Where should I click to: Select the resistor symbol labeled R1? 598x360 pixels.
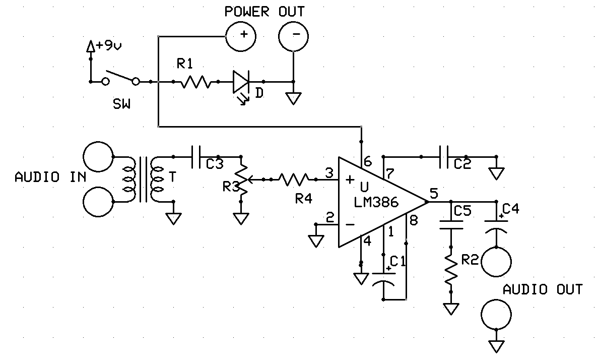195,82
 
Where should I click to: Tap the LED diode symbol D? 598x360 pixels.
241,82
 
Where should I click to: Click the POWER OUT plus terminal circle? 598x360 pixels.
240,35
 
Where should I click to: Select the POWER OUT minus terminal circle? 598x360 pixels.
294,35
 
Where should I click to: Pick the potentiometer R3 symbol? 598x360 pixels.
242,179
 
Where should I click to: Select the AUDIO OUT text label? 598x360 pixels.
543,289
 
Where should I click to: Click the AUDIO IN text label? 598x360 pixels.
50,177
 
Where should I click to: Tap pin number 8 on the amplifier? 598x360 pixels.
414,220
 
